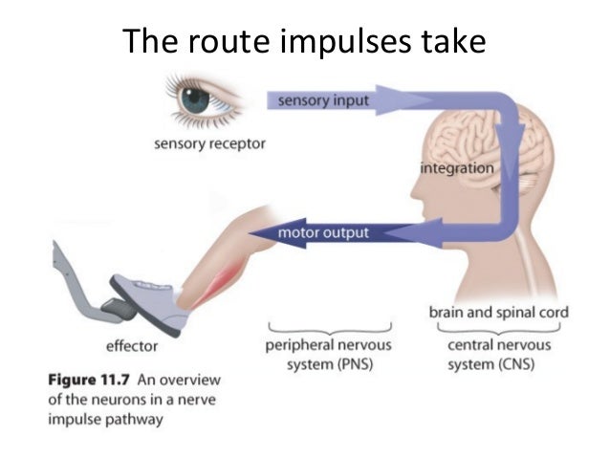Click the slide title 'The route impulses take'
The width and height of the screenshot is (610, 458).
pos(304,42)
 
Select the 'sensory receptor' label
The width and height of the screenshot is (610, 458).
pos(208,144)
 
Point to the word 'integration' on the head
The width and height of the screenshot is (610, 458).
pos(457,169)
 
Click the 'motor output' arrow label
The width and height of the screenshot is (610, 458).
pos(322,232)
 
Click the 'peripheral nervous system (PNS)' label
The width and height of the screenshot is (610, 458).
pos(327,354)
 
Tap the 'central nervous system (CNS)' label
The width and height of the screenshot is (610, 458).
pos(491,354)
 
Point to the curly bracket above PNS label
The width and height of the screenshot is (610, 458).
pos(327,328)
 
